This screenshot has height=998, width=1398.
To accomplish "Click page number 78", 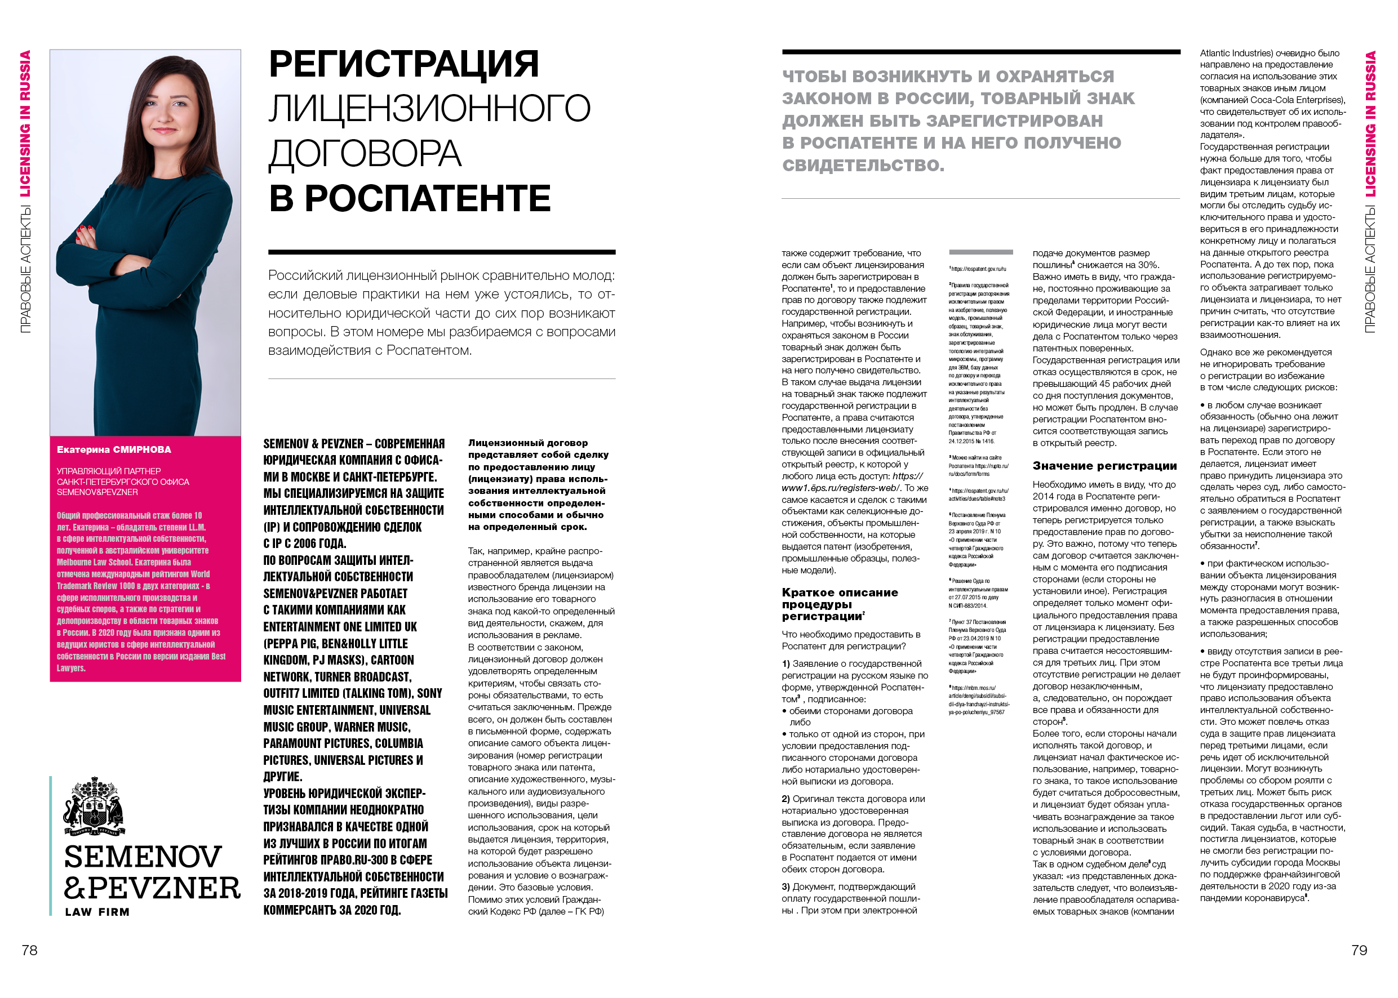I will (29, 950).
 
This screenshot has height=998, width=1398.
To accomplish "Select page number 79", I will (1359, 950).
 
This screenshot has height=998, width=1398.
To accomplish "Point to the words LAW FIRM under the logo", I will (97, 912).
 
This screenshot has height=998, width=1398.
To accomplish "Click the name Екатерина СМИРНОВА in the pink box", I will (114, 450).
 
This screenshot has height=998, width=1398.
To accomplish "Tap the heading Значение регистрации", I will (1104, 466).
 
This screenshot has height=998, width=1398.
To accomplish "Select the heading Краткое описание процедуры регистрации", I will (840, 604).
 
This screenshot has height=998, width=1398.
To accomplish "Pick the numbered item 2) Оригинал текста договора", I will (853, 799).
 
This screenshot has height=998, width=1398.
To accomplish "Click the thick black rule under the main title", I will (441, 252).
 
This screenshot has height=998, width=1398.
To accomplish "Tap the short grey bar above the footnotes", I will (980, 252).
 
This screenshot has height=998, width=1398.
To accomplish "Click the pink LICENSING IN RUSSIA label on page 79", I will (1370, 123).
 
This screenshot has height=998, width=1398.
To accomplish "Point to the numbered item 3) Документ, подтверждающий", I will (849, 887).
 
